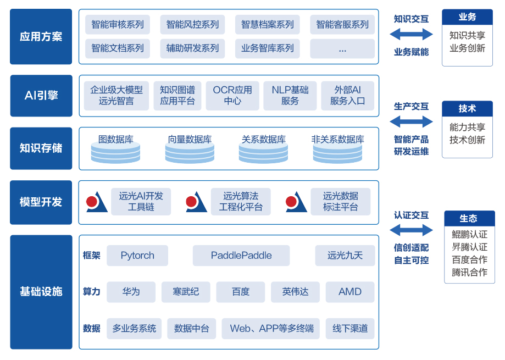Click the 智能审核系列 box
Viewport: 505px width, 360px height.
[x=118, y=25]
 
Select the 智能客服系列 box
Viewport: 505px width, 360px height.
[x=342, y=25]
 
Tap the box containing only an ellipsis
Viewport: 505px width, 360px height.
[x=342, y=49]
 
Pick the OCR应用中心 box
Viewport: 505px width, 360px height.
[x=232, y=96]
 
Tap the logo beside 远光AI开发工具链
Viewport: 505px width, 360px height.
[x=97, y=202]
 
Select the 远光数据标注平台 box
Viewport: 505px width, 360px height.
[x=340, y=202]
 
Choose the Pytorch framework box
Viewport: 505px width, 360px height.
[x=137, y=256]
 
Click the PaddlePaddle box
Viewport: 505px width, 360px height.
[x=241, y=256]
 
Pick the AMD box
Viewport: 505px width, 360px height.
[x=350, y=292]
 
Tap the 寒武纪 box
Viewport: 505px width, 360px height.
[x=186, y=292]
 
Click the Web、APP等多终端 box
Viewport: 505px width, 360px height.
[x=271, y=329]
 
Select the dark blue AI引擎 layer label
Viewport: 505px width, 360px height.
[x=41, y=96]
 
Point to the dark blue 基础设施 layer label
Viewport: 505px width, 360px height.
[x=41, y=292]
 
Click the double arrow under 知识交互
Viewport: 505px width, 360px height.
[x=411, y=35]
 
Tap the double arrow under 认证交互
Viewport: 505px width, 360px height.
[x=411, y=230]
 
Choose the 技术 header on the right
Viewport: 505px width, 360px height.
[x=467, y=108]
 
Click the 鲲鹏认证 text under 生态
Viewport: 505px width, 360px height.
[x=469, y=234]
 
